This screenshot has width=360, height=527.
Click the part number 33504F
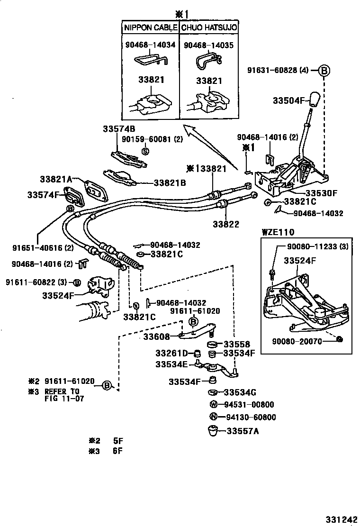click(x=287, y=100)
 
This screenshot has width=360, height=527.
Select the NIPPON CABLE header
click(x=151, y=28)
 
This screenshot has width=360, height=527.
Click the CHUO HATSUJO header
click(x=210, y=28)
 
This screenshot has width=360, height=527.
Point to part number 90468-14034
click(x=150, y=45)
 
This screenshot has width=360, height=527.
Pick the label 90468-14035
click(x=209, y=45)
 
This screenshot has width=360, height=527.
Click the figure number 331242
click(x=340, y=519)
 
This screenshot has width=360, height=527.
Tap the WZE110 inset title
click(x=278, y=232)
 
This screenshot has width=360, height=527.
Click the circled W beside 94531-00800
click(x=214, y=405)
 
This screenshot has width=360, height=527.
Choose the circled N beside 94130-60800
click(x=214, y=418)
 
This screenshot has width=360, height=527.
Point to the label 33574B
click(x=119, y=129)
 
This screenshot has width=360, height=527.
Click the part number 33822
click(x=225, y=224)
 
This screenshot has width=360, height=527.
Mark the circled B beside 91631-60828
click(x=324, y=71)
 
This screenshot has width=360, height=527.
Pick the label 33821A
click(x=56, y=179)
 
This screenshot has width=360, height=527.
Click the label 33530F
click(x=320, y=193)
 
